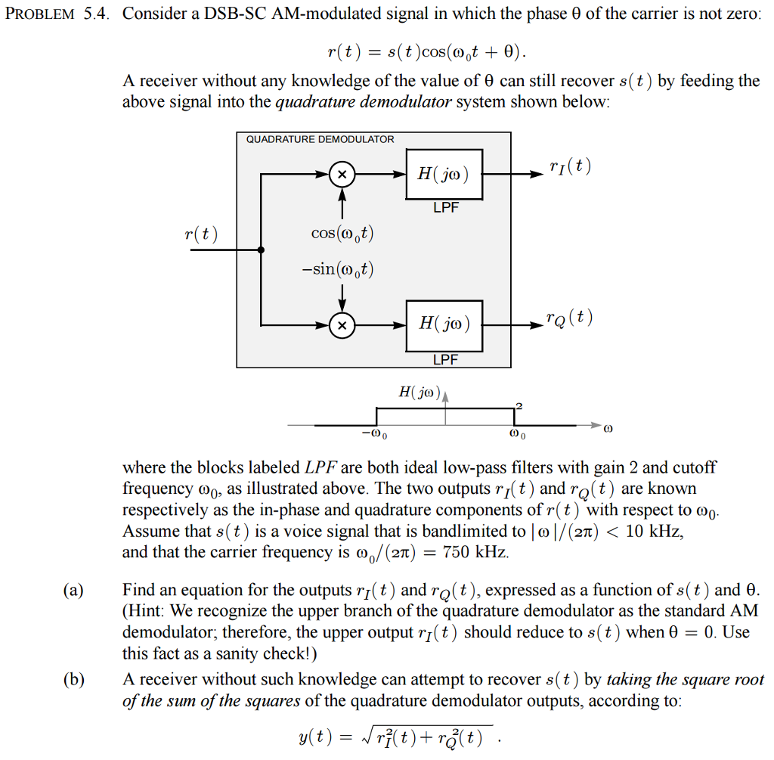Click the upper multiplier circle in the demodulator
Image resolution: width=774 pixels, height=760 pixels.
pos(342,175)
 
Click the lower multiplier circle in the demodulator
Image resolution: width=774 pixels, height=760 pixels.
pos(342,326)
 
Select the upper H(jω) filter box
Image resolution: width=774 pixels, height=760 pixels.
pos(444,175)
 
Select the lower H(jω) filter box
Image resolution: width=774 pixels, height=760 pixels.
pos(444,325)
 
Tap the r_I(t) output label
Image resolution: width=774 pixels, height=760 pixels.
pos(571,166)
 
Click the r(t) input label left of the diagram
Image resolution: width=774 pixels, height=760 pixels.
pos(201,234)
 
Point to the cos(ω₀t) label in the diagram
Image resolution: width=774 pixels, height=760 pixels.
pos(342,234)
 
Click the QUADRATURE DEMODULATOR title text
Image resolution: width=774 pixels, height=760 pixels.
pos(320,139)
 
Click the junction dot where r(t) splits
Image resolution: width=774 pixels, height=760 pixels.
pos(261,250)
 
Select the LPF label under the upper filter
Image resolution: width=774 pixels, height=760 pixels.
pos(446,208)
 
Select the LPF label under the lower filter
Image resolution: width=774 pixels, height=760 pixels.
pos(446,359)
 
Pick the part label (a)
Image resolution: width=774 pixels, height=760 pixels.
pos(73,591)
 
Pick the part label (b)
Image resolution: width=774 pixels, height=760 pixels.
pos(73,680)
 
